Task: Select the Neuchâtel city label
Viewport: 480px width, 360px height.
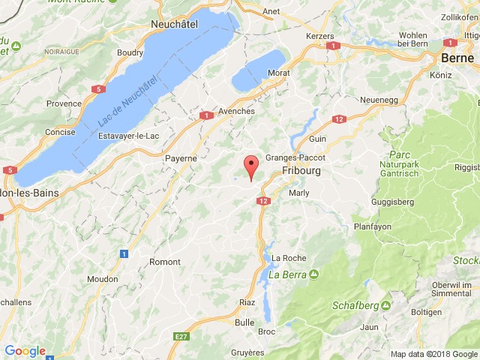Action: (x=178, y=25)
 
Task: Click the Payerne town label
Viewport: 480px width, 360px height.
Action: (x=181, y=158)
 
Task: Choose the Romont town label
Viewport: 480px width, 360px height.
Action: (x=165, y=262)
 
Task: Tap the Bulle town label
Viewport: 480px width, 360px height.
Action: (x=244, y=322)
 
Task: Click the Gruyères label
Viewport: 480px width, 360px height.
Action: (x=248, y=352)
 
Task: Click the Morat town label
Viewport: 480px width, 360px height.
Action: (x=278, y=73)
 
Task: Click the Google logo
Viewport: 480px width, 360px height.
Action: (x=25, y=351)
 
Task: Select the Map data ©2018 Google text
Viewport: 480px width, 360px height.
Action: (x=433, y=354)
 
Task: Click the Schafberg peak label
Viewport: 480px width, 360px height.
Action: (x=356, y=305)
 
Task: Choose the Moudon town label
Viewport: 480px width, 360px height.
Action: (x=103, y=278)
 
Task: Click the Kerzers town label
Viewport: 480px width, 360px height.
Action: (x=319, y=35)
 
